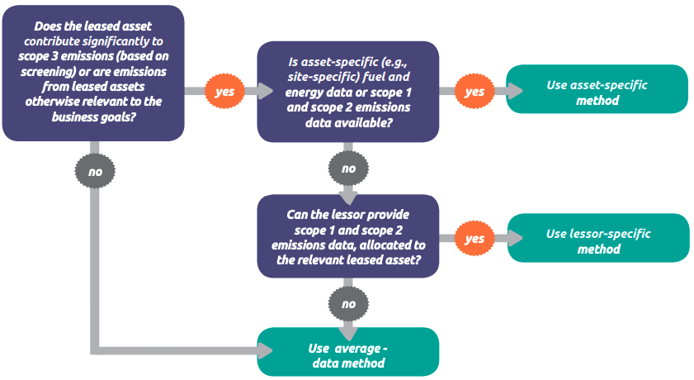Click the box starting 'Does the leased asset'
(93, 73)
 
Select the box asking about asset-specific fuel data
(348, 92)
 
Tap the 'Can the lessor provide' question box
(348, 236)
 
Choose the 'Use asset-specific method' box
(597, 89)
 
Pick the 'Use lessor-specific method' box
(598, 238)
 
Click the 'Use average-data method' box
(348, 352)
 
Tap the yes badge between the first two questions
(224, 91)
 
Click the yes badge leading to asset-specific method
(474, 91)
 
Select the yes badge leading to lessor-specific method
(474, 238)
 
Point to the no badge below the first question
(95, 171)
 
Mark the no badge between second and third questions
(348, 169)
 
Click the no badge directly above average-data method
(348, 304)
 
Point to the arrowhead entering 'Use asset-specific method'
(515, 91)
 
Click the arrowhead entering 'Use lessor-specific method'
(515, 238)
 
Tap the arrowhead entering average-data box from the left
(265, 351)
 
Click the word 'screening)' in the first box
(48, 71)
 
